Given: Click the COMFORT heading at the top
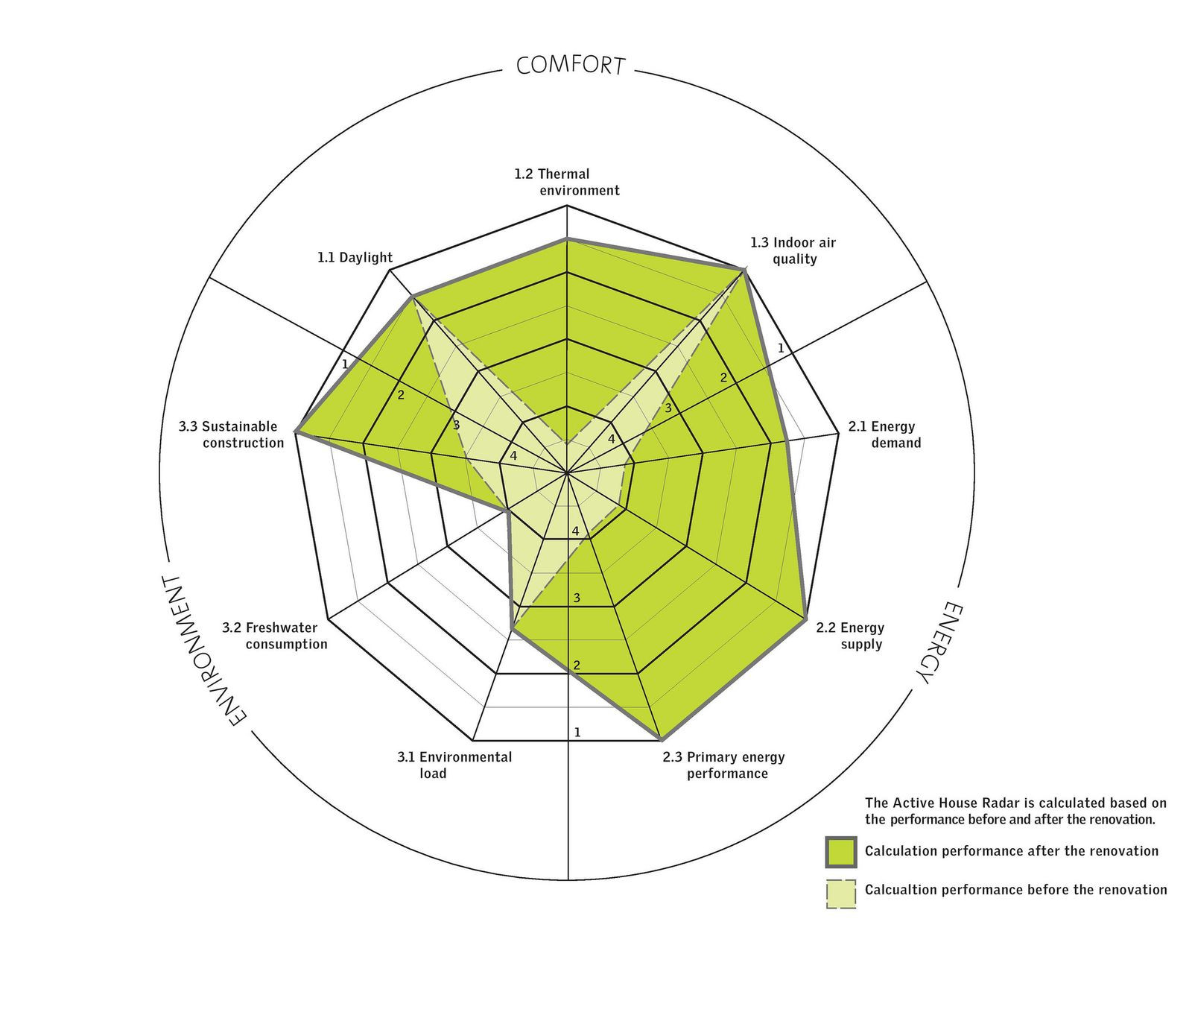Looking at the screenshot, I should [x=570, y=65].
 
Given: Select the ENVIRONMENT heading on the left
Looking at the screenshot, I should [x=196, y=650].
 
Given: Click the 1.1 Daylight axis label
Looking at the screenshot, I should [x=355, y=258].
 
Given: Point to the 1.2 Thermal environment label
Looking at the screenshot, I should [x=567, y=183].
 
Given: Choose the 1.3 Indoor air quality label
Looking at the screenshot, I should [x=793, y=251].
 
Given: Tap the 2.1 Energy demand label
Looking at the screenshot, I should [x=884, y=435].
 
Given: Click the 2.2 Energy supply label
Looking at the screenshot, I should [x=850, y=636].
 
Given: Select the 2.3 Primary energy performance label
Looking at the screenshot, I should [x=724, y=765].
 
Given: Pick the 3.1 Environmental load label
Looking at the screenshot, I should [x=454, y=765].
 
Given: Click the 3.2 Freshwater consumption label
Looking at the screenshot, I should [x=275, y=636].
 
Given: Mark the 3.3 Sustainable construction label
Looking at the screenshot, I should [x=232, y=435].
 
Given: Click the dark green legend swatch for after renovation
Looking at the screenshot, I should [x=841, y=852].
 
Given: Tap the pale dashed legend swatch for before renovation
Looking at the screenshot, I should [x=841, y=894].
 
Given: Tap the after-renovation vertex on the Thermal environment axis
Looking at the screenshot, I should [x=568, y=239].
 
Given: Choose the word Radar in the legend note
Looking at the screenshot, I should [x=982, y=803].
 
